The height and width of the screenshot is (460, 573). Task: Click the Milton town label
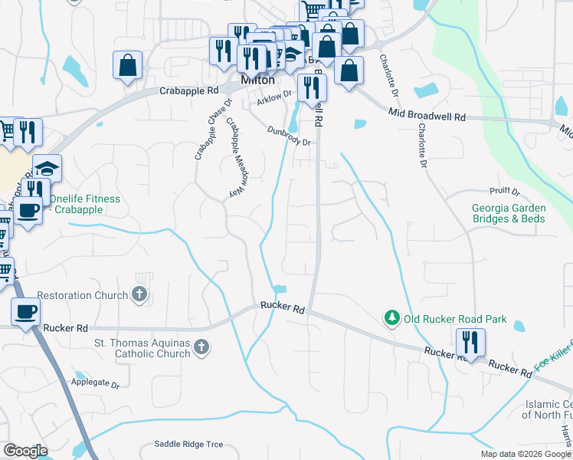coord(258,80)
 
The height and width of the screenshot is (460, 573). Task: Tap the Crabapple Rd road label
coord(189,90)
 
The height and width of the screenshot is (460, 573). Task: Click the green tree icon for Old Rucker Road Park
coord(391,317)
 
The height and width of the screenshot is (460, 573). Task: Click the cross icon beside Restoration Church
coord(139,294)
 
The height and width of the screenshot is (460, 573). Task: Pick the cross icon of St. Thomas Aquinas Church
coord(201,348)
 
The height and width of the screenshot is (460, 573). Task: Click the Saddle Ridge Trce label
coord(188,444)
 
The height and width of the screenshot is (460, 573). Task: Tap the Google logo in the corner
coord(25,451)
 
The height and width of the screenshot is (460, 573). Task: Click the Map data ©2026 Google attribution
coord(525,454)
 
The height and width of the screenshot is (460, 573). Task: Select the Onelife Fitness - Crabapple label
coord(84,204)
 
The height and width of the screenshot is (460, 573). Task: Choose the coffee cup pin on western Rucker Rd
coord(25,312)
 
